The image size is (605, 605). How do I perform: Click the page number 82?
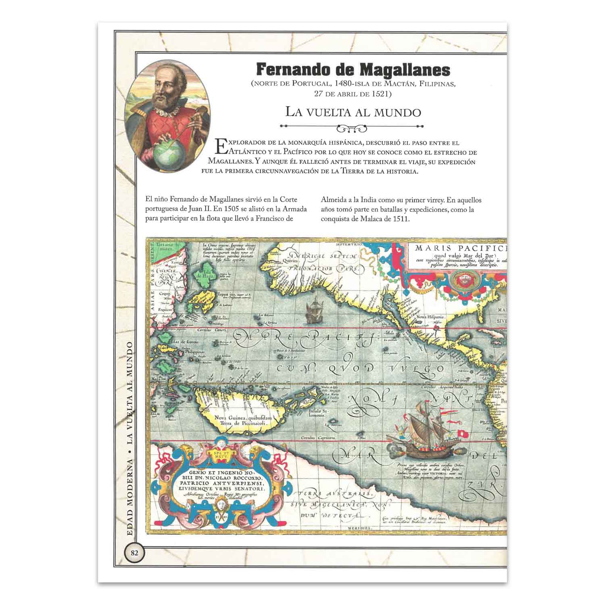134,553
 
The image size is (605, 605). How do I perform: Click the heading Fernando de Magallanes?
353,70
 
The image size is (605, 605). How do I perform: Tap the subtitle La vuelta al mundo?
353,112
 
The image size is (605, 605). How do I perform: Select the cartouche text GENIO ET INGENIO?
220,472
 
